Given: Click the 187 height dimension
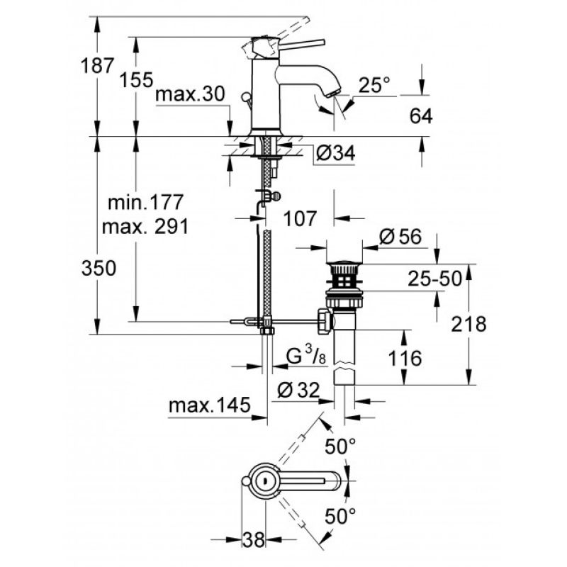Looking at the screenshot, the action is [97, 66].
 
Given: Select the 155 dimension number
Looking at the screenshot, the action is [136, 79].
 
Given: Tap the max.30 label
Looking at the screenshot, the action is [190, 94].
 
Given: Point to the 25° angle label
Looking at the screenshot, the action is [374, 85].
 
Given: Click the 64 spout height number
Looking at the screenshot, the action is [421, 116].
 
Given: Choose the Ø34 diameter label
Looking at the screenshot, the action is [335, 153].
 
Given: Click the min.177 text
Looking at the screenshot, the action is [146, 202].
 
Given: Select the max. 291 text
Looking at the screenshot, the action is [145, 227].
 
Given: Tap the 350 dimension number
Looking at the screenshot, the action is [99, 269].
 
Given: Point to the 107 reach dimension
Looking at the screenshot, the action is [300, 218].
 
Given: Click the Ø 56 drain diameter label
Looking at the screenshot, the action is [400, 237].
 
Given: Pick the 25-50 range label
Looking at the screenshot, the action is [435, 279].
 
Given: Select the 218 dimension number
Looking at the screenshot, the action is [468, 324].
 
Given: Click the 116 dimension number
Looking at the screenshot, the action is [405, 359].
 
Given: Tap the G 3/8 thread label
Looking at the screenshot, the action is [306, 355].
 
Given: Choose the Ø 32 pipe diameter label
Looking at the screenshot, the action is [298, 391].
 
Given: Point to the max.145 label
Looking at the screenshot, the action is [209, 405].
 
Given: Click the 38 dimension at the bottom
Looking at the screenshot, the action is [254, 540].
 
